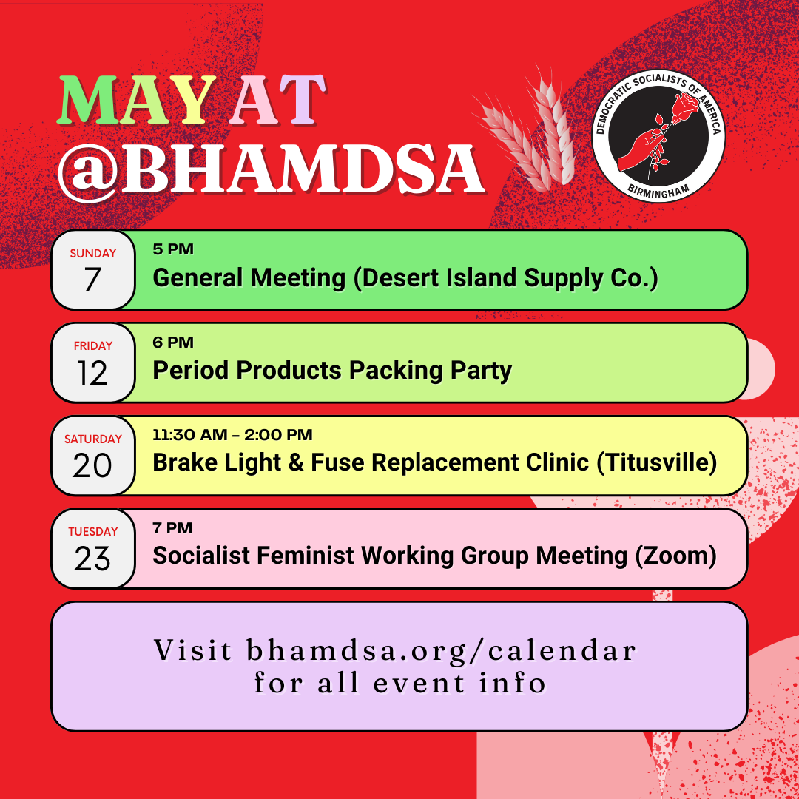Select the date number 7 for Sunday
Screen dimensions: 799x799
click(x=92, y=280)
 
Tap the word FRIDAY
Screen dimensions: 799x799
click(x=92, y=346)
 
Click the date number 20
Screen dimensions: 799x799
click(x=92, y=465)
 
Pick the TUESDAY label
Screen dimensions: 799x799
click(x=92, y=531)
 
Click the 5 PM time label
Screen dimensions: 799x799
click(x=173, y=249)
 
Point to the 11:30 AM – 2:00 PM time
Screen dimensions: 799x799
click(x=232, y=435)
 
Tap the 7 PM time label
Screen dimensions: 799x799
click(x=172, y=528)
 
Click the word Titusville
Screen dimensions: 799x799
click(x=657, y=462)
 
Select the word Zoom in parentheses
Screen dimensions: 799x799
click(x=676, y=556)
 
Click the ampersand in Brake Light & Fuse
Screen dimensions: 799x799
click(x=296, y=462)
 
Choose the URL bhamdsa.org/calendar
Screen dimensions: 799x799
click(x=441, y=651)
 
